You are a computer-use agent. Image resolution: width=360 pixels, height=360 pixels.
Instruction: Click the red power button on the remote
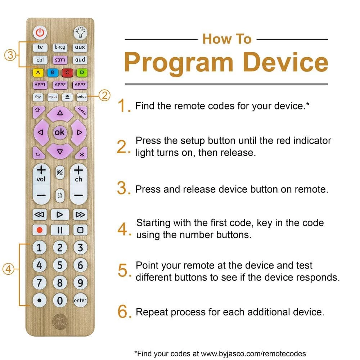tap(40, 33)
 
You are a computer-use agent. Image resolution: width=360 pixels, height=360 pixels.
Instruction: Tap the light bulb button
tap(80, 33)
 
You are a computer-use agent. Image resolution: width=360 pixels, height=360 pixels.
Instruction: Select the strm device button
tap(60, 60)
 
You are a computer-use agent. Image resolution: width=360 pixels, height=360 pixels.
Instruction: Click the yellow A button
tap(38, 73)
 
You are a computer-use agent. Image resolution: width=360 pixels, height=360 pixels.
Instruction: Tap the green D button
tap(82, 73)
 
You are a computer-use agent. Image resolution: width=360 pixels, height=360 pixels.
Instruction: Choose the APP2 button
tap(60, 85)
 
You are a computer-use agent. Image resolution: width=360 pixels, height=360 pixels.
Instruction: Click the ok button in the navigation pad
tap(60, 132)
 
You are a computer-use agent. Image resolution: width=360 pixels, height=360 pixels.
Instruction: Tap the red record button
tap(40, 230)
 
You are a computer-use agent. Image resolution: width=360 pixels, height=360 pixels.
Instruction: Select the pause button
tap(60, 230)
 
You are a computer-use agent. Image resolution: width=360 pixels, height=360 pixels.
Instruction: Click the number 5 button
tap(60, 265)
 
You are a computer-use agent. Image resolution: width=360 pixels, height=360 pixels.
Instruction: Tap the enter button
tap(80, 300)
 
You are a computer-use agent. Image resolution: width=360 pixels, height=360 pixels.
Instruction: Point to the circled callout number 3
tap(10, 55)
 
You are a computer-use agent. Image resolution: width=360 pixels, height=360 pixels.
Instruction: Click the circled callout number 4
tap(8, 269)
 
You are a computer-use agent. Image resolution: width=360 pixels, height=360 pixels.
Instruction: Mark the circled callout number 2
tap(104, 95)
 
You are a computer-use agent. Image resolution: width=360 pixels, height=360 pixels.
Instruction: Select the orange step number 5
tap(123, 270)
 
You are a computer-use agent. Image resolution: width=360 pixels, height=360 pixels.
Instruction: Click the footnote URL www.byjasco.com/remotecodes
tap(253, 354)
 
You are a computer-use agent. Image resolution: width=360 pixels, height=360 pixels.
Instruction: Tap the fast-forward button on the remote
tap(80, 215)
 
